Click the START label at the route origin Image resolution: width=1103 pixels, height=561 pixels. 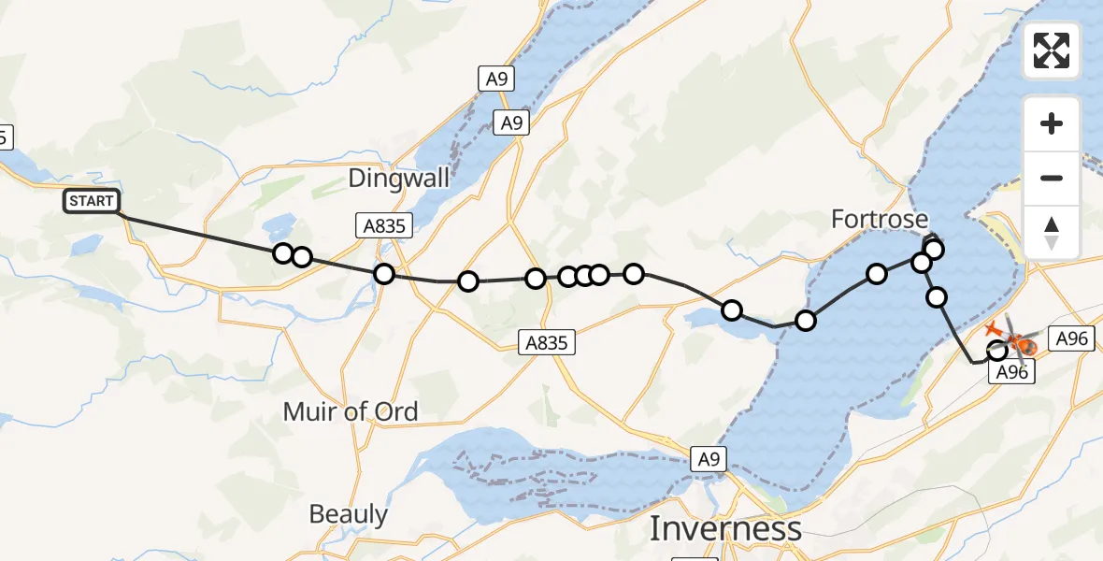[x=92, y=200]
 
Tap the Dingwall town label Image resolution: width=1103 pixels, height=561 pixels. [x=398, y=179]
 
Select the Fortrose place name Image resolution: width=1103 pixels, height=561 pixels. [x=880, y=220]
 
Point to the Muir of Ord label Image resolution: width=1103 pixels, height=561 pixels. [x=351, y=410]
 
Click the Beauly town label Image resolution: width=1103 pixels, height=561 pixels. [x=348, y=513]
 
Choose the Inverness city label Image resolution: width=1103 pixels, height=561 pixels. [x=725, y=528]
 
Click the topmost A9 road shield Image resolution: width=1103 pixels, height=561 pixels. [x=497, y=79]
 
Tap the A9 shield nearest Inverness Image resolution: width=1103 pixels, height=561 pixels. [x=709, y=458]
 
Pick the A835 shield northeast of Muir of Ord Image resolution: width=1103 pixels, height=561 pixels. [x=547, y=343]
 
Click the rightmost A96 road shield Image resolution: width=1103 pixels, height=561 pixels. [x=1070, y=338]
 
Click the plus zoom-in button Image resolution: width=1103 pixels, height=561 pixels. [x=1052, y=123]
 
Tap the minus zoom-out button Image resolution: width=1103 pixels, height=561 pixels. [x=1052, y=178]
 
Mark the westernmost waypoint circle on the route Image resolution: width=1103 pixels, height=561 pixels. [x=283, y=252]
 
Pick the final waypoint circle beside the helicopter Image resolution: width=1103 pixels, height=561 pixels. [x=997, y=351]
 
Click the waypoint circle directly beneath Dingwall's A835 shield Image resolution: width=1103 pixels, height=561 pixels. [x=383, y=274]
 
